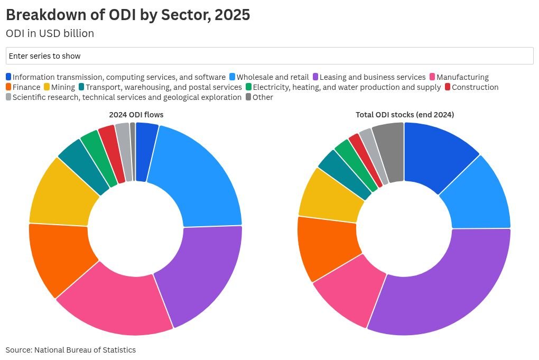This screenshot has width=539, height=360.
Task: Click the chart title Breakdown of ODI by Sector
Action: click(x=128, y=15)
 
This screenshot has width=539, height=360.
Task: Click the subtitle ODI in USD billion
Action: click(x=50, y=33)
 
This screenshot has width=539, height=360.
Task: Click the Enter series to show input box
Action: click(x=269, y=56)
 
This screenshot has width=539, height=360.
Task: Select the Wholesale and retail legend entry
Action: click(x=272, y=77)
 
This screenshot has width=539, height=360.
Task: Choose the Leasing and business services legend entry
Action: click(x=372, y=77)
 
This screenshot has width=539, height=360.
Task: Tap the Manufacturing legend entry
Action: click(x=462, y=77)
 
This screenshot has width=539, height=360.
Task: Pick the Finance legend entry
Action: click(x=26, y=87)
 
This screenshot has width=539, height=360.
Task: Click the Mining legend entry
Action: click(x=62, y=87)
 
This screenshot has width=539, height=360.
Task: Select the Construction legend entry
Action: click(x=475, y=87)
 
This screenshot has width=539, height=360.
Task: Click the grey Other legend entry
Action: click(x=262, y=97)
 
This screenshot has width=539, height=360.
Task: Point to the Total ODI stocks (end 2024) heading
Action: click(x=405, y=115)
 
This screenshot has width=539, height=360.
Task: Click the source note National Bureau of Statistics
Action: click(x=71, y=350)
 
